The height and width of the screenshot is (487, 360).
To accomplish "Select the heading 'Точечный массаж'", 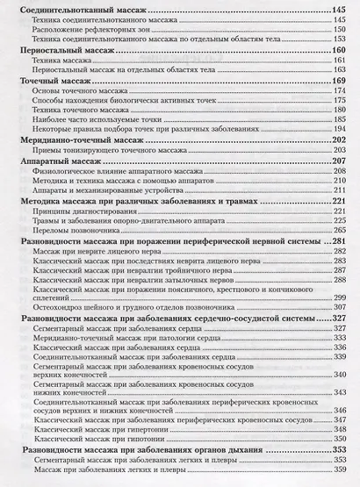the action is [52, 80].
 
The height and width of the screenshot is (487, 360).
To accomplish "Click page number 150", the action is [339, 30].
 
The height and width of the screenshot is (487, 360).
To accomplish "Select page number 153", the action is [339, 40].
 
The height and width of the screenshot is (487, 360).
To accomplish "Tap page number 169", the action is [338, 80].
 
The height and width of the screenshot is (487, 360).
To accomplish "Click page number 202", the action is [338, 141].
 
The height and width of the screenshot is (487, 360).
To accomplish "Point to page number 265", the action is [339, 231].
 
